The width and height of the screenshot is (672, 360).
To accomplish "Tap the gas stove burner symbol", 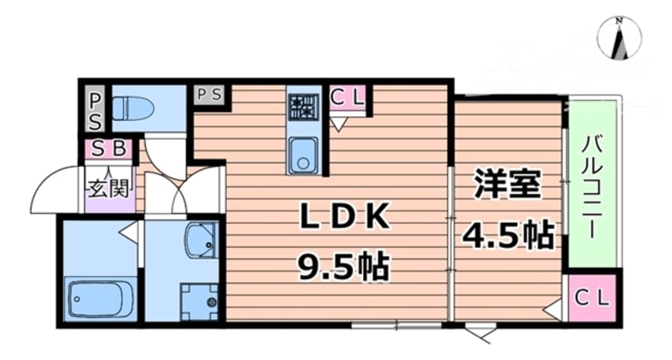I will pyautogui.click(x=303, y=106).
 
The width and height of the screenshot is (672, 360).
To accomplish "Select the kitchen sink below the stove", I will pyautogui.click(x=302, y=153).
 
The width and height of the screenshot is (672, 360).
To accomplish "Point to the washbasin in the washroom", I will pyautogui.click(x=200, y=239).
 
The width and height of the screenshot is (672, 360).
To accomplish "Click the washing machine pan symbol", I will pyautogui.click(x=199, y=301).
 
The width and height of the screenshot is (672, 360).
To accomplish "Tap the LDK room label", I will pyautogui.click(x=343, y=216).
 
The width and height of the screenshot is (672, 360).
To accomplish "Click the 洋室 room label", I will pyautogui.click(x=508, y=185).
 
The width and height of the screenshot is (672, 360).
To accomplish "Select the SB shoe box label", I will pyautogui.click(x=110, y=149).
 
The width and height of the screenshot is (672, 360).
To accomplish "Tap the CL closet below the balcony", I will pyautogui.click(x=592, y=299).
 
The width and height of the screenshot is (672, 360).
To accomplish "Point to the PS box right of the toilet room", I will pyautogui.click(x=210, y=95).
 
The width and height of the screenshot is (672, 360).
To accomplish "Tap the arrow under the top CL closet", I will pyautogui.click(x=339, y=124).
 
